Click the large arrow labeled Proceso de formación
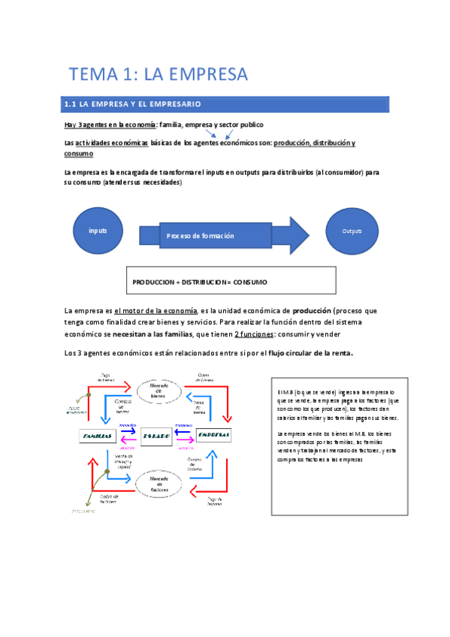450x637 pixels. pos(225,235)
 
